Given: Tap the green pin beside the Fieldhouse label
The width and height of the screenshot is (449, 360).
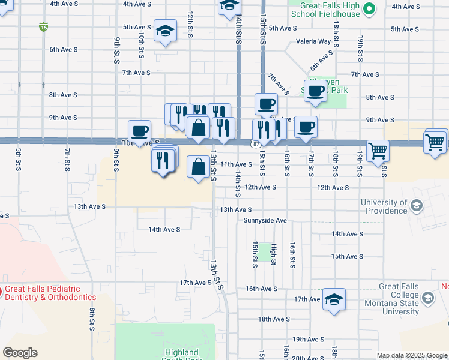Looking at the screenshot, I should pos(370,8).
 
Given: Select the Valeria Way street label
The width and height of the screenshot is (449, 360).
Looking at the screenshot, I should pos(313,42).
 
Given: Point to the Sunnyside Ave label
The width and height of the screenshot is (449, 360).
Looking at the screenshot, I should pos(265,220).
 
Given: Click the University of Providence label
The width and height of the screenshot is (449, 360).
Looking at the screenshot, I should pos(384,206).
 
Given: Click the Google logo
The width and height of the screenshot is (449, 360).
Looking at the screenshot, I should pos(20,353).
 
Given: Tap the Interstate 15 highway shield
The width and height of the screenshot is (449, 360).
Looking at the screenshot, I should pos(43,26).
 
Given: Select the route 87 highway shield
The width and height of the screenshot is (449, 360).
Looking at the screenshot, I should pos(256,144).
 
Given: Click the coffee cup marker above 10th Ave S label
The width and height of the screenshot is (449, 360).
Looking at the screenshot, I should pos(139,130).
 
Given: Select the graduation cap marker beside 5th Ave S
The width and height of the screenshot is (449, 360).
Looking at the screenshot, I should pos(165,31).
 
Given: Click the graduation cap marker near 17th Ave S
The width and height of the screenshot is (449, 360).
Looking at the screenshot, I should pos(334,299).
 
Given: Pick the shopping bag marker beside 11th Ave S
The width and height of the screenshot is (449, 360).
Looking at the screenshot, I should pos(199,166).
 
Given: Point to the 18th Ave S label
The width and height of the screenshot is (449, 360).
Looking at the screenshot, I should pos(274,319).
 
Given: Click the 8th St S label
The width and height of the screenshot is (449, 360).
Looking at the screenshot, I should pos(92,319).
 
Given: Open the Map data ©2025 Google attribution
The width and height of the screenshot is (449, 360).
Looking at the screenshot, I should pos(412,355).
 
